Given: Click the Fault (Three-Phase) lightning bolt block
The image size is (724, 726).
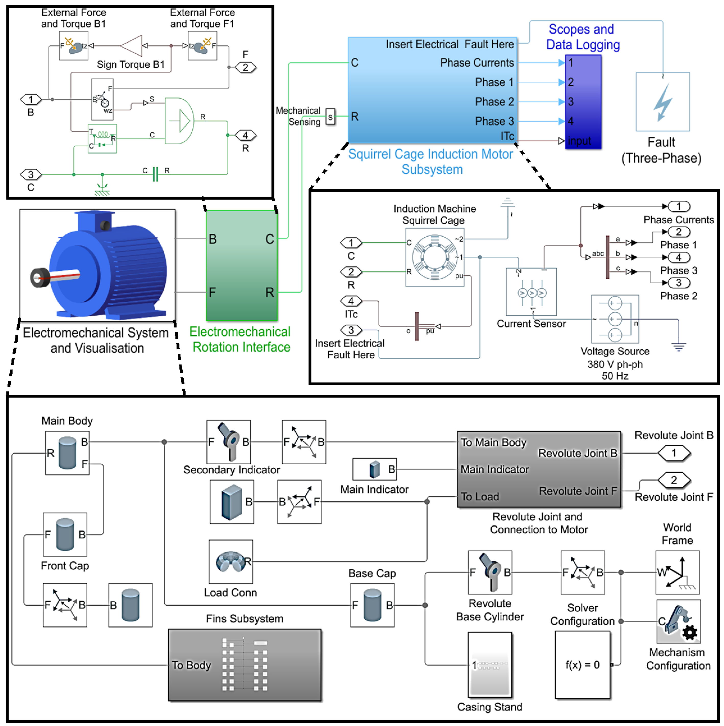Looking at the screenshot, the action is click(x=663, y=101).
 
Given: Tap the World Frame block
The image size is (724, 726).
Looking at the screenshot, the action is click(x=677, y=572).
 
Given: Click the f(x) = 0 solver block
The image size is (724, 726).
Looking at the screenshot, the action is click(x=582, y=665).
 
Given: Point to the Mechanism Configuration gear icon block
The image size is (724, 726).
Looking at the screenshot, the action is click(x=679, y=621).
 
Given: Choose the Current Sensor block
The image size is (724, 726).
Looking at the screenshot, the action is click(x=531, y=292).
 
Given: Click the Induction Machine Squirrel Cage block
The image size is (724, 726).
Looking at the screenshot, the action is click(x=435, y=257).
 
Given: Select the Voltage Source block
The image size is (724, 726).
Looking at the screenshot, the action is click(x=615, y=319).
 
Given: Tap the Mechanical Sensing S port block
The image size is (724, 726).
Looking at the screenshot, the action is click(x=330, y=117).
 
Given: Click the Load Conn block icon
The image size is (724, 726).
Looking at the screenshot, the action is click(x=231, y=562).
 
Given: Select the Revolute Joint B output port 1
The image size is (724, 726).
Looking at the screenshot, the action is click(x=674, y=453).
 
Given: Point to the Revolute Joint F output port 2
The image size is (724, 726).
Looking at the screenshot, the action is click(x=674, y=480).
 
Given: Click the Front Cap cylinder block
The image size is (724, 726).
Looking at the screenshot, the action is click(x=65, y=534).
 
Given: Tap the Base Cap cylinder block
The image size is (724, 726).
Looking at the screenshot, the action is click(x=372, y=605).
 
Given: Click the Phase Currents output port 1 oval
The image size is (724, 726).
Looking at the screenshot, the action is click(x=679, y=206).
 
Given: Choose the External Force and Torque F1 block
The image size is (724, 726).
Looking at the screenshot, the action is click(x=202, y=46).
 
